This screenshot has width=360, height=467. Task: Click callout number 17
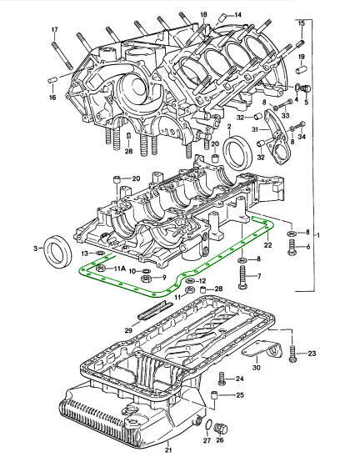click(54, 30)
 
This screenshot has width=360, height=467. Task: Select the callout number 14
click(238, 15)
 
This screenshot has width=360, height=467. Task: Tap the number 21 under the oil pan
click(168, 450)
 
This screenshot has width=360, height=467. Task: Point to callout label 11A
click(119, 269)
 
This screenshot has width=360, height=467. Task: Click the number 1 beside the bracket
click(318, 235)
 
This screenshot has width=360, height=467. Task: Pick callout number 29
click(128, 330)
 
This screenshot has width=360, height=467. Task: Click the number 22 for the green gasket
click(268, 245)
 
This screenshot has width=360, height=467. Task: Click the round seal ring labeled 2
click(238, 152)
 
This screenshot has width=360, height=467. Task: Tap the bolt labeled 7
click(242, 277)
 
